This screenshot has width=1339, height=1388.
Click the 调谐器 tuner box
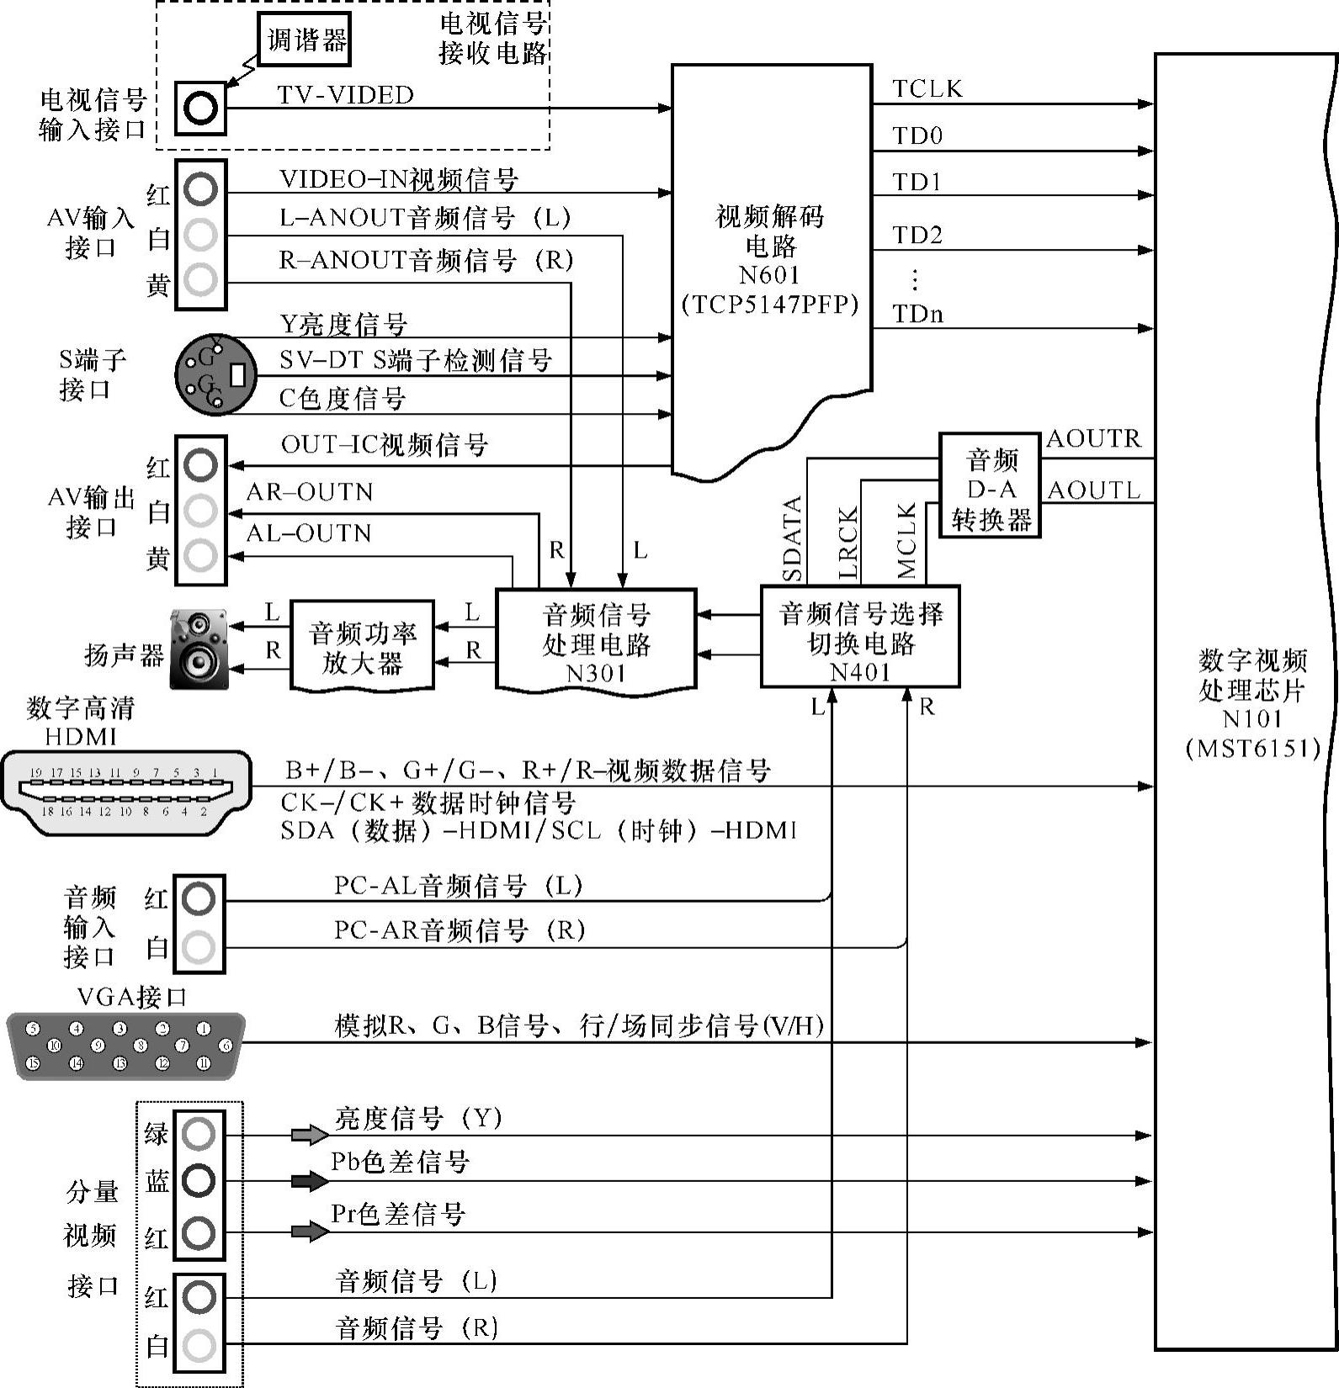point(304,40)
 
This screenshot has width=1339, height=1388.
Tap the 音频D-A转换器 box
point(990,485)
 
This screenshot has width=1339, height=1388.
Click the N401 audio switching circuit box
point(860,637)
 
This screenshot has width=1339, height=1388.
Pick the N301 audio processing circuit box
point(596,639)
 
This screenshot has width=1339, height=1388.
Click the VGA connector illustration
point(126,1046)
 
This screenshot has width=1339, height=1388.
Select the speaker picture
point(199,649)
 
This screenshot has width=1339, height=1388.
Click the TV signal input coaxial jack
point(201,108)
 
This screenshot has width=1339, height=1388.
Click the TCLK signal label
point(927,89)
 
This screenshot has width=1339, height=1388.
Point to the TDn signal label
point(917,315)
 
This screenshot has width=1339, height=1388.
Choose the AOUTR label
point(1093,439)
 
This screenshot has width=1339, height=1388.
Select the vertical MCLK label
point(906,542)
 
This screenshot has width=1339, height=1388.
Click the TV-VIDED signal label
point(345,95)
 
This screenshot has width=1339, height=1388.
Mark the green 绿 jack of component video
point(199,1134)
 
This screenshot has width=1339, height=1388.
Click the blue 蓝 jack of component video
point(199,1180)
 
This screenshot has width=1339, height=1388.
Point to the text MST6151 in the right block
point(1252,748)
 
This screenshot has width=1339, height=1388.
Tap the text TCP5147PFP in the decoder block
point(770,304)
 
